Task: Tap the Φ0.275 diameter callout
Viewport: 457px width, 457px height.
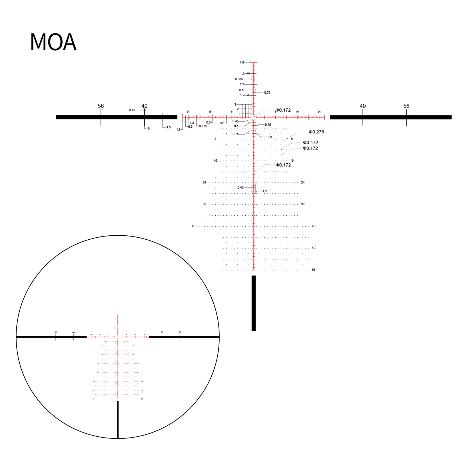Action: pyautogui.click(x=316, y=132)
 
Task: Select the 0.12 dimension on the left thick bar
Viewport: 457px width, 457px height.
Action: pyautogui.click(x=132, y=110)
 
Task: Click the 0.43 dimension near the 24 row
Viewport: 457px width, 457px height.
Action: pyautogui.click(x=240, y=188)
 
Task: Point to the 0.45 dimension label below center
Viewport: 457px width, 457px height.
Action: pyautogui.click(x=235, y=121)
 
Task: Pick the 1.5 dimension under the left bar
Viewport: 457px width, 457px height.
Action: pyautogui.click(x=169, y=127)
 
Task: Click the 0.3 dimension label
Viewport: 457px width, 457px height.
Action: pyautogui.click(x=209, y=123)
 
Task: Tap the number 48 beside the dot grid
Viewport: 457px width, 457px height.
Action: pyautogui.click(x=314, y=248)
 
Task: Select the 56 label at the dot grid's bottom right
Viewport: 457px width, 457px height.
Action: pyautogui.click(x=314, y=270)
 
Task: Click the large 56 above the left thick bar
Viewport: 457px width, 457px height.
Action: pyautogui.click(x=101, y=106)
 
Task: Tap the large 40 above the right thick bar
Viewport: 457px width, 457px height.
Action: pyautogui.click(x=362, y=106)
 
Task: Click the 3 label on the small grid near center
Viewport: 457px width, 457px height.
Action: pyautogui.click(x=235, y=105)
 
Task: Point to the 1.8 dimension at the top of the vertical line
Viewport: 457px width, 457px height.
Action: pyautogui.click(x=242, y=63)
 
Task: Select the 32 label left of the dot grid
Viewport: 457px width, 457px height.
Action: pyautogui.click(x=204, y=204)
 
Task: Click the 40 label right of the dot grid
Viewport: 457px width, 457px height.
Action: pyautogui.click(x=314, y=226)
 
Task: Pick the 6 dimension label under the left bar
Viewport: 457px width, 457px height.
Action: pyautogui.click(x=149, y=129)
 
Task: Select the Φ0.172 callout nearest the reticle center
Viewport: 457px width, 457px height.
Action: pyautogui.click(x=283, y=110)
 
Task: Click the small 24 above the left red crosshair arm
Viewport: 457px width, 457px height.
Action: pyautogui.click(x=188, y=112)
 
